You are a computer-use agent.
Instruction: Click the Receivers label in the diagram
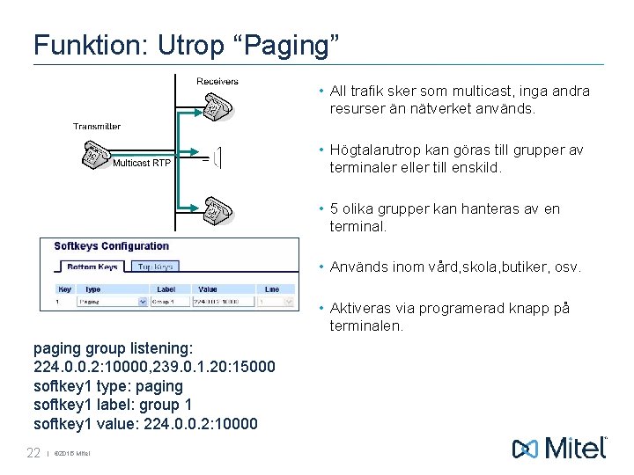(x=217, y=82)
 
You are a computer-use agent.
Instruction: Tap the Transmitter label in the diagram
(x=97, y=127)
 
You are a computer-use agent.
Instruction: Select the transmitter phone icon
(x=92, y=155)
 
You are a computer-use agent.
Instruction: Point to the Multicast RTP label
(x=142, y=163)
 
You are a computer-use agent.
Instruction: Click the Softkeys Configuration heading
(x=111, y=246)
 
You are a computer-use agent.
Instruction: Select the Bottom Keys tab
(x=92, y=267)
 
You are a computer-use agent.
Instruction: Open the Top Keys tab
(x=156, y=267)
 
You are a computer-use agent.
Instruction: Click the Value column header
(x=208, y=289)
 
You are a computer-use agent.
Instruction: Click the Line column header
(x=272, y=289)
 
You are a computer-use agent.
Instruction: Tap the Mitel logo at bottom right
(x=560, y=448)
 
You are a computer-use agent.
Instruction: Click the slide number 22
(x=33, y=453)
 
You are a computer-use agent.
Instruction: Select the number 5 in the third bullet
(x=335, y=209)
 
